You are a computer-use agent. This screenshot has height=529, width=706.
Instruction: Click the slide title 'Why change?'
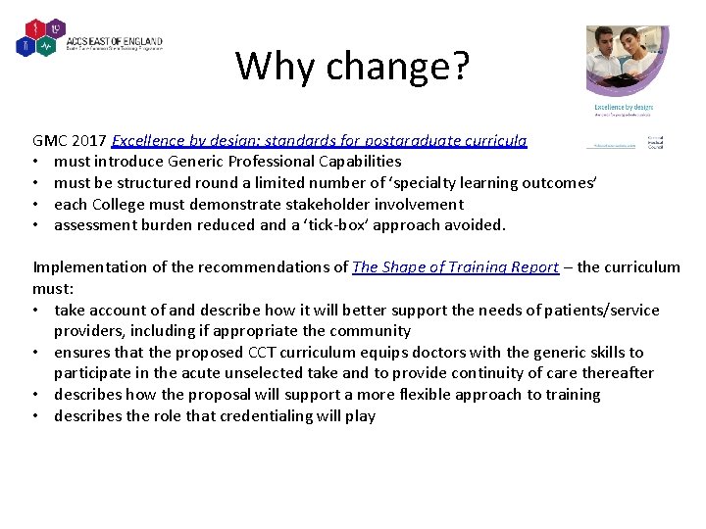pyautogui.click(x=352, y=67)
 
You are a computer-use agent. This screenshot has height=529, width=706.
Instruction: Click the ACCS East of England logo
pyautogui.click(x=89, y=38)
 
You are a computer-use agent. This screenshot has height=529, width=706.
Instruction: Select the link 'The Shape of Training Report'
pyautogui.click(x=455, y=266)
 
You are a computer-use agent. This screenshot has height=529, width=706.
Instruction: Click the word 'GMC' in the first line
pyautogui.click(x=49, y=140)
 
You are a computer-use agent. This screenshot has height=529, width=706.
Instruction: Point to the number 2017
pyautogui.click(x=89, y=140)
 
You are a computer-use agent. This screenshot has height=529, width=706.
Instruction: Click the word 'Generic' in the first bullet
pyautogui.click(x=209, y=161)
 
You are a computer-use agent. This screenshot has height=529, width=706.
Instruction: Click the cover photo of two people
pyautogui.click(x=627, y=62)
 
